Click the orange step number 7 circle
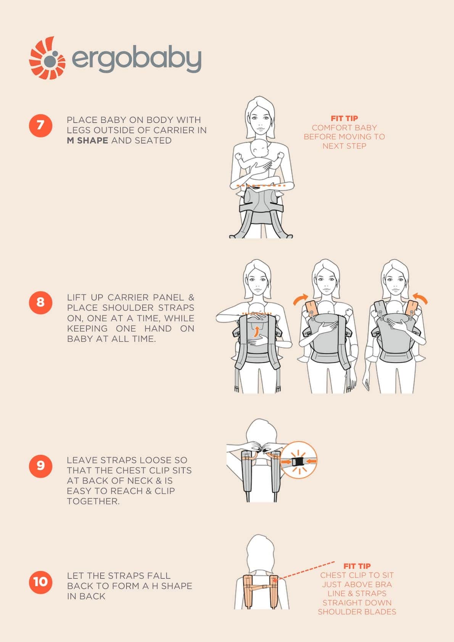[40, 125]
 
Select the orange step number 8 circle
[40, 303]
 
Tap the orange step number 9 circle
[40, 466]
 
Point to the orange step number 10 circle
[40, 582]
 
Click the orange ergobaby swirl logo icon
[47, 58]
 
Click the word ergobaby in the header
[137, 59]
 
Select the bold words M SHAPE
[87, 140]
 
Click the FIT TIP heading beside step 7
[344, 118]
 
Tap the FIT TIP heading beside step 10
[357, 566]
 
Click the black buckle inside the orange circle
[298, 462]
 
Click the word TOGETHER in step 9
[93, 501]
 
